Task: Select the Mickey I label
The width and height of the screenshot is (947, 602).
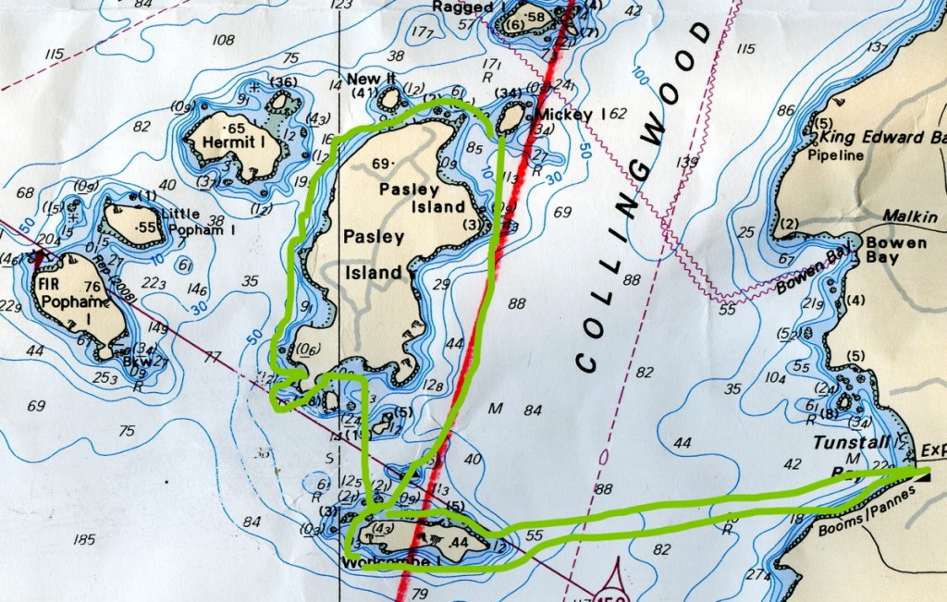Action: (x=567, y=114)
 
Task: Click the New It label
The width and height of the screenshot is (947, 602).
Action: (x=364, y=79)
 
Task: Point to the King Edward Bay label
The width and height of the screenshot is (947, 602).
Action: (x=883, y=137)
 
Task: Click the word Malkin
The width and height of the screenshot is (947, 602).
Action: (x=910, y=216)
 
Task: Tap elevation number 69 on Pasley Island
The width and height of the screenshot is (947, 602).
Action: (x=381, y=164)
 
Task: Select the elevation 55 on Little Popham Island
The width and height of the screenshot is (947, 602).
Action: (x=145, y=227)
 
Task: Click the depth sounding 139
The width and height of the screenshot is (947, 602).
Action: (x=686, y=163)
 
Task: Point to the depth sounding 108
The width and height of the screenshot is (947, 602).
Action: (x=223, y=40)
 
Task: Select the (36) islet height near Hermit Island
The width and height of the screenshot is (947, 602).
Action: (x=284, y=83)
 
